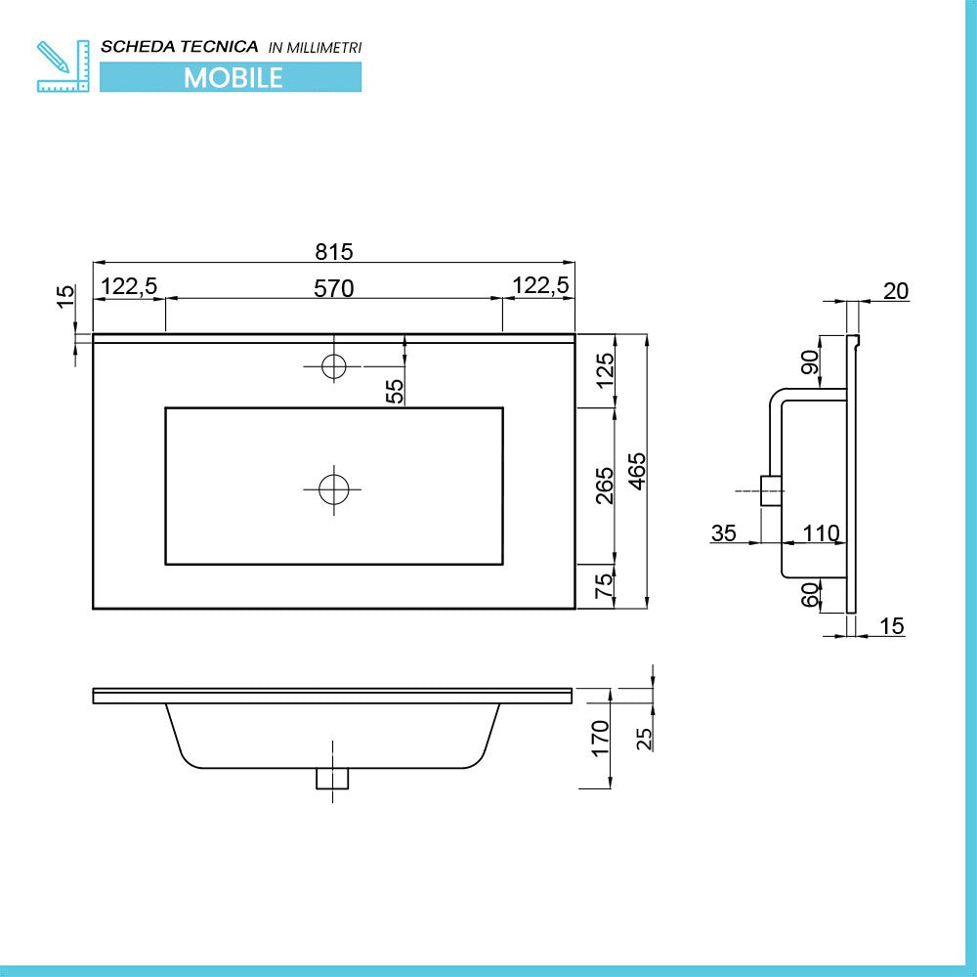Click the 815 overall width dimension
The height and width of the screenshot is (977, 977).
coord(333,251)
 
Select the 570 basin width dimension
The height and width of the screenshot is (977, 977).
coord(333,287)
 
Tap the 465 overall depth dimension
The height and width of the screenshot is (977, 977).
coord(636,470)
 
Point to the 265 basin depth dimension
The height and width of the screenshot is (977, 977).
coord(604,485)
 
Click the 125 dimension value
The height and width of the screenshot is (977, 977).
coord(605,370)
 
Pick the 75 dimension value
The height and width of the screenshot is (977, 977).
coord(605,586)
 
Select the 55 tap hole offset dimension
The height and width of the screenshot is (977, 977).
coord(394,391)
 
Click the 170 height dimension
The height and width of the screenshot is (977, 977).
coord(601,738)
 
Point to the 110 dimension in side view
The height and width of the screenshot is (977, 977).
coord(821,533)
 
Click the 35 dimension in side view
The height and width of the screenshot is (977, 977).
coord(724,533)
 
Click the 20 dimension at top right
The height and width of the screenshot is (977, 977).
coord(895,290)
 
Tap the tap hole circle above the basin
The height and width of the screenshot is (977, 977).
coord(334,365)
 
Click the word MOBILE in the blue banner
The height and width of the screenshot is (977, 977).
coord(234,77)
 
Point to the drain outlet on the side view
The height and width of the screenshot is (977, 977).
coord(771,490)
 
